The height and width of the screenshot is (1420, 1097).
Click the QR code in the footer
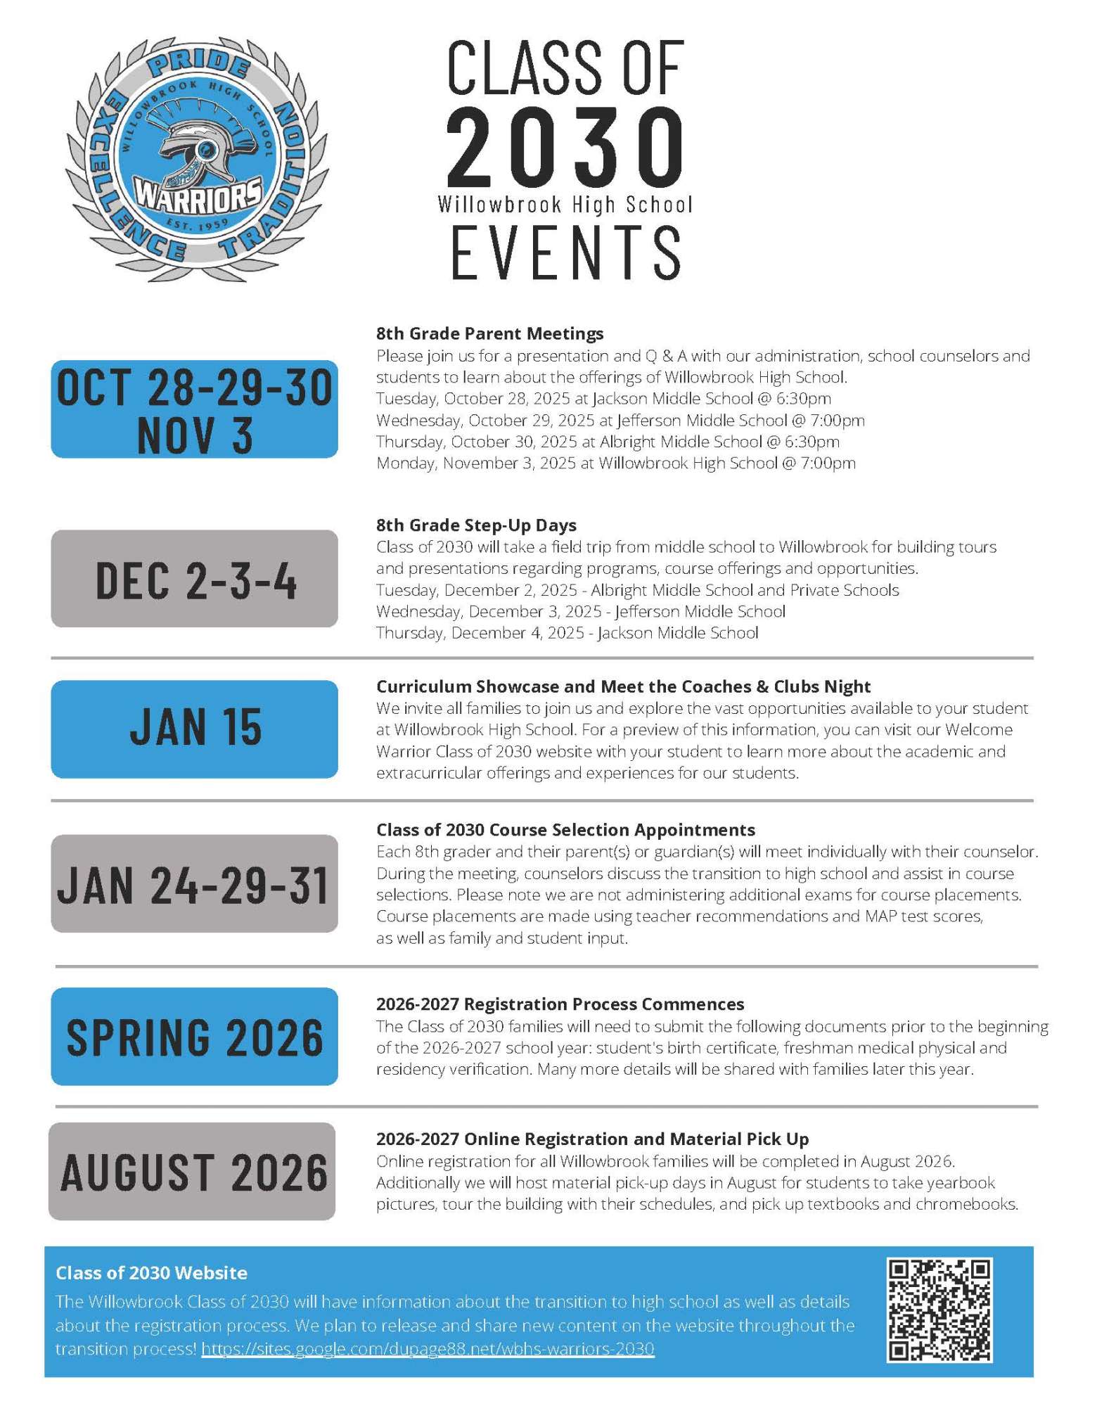pyautogui.click(x=939, y=1310)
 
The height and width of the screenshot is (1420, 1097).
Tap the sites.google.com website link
pyautogui.click(x=428, y=1349)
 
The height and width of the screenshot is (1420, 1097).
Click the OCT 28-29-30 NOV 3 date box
pyautogui.click(x=194, y=409)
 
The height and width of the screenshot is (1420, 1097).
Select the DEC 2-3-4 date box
pyautogui.click(x=194, y=579)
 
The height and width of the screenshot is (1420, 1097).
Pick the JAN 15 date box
pyautogui.click(x=194, y=729)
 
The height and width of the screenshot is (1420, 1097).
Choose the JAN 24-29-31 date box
pyautogui.click(x=194, y=883)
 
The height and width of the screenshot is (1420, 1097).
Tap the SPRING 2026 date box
pyautogui.click(x=194, y=1036)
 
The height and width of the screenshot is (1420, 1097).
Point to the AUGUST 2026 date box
pyautogui.click(x=192, y=1172)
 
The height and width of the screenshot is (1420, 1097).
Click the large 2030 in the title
pyautogui.click(x=565, y=146)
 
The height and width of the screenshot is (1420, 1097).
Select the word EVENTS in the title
pyautogui.click(x=565, y=252)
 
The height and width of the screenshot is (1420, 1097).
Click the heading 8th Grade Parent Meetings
pyautogui.click(x=489, y=333)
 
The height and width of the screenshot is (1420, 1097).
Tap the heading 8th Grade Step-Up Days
pyautogui.click(x=476, y=525)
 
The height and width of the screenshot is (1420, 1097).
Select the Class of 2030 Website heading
pyautogui.click(x=151, y=1273)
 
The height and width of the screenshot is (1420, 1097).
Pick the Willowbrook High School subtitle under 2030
pyautogui.click(x=565, y=205)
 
